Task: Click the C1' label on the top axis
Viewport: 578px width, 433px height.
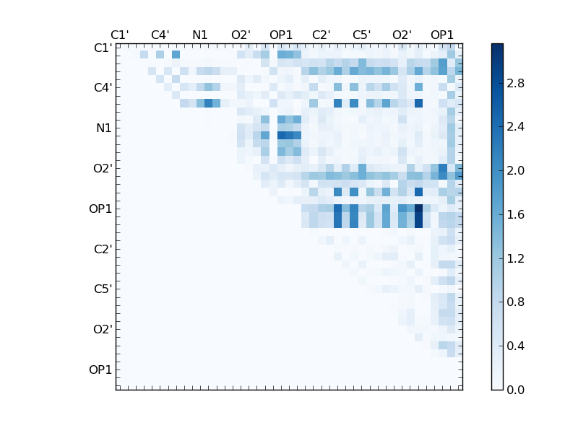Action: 120,35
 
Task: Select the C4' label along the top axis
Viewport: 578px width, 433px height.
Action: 160,35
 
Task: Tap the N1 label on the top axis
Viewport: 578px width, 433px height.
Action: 200,35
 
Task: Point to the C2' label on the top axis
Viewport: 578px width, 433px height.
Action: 322,35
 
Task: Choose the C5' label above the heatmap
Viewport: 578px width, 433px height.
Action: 362,35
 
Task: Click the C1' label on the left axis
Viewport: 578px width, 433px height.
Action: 102,48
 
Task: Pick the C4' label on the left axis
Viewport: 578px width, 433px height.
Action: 102,88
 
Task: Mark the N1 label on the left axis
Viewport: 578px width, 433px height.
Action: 103,128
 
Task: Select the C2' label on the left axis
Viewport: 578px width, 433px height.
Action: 102,249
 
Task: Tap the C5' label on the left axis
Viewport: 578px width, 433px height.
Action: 102,289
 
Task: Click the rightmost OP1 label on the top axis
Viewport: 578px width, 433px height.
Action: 442,35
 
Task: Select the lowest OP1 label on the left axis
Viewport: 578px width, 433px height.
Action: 100,370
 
